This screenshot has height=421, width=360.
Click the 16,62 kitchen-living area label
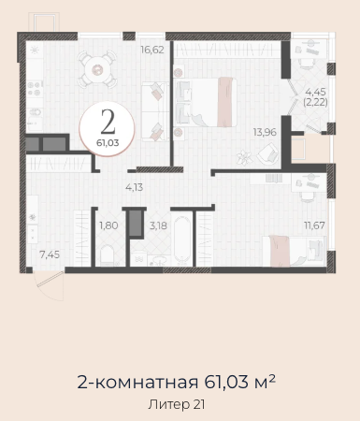(x=152, y=50)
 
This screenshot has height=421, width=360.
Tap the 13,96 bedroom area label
(x=265, y=132)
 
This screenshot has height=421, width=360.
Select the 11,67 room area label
(x=314, y=225)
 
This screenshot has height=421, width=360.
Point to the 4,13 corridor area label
(x=135, y=187)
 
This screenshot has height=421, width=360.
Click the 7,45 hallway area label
(x=50, y=254)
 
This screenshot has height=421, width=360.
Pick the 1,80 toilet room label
(x=108, y=225)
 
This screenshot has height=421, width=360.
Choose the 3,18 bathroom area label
(x=158, y=225)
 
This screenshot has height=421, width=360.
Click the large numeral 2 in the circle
(x=108, y=123)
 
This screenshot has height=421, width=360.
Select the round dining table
(x=97, y=70)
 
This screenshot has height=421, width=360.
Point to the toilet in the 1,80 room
(x=108, y=255)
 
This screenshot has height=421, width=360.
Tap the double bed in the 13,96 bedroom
(x=205, y=102)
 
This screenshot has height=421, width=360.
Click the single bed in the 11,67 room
(x=294, y=252)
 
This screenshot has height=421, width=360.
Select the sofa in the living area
(x=155, y=111)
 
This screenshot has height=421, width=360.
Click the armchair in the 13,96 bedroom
(x=267, y=153)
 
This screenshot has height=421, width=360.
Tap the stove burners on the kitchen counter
(x=35, y=88)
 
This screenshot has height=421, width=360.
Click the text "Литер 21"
(x=177, y=404)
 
